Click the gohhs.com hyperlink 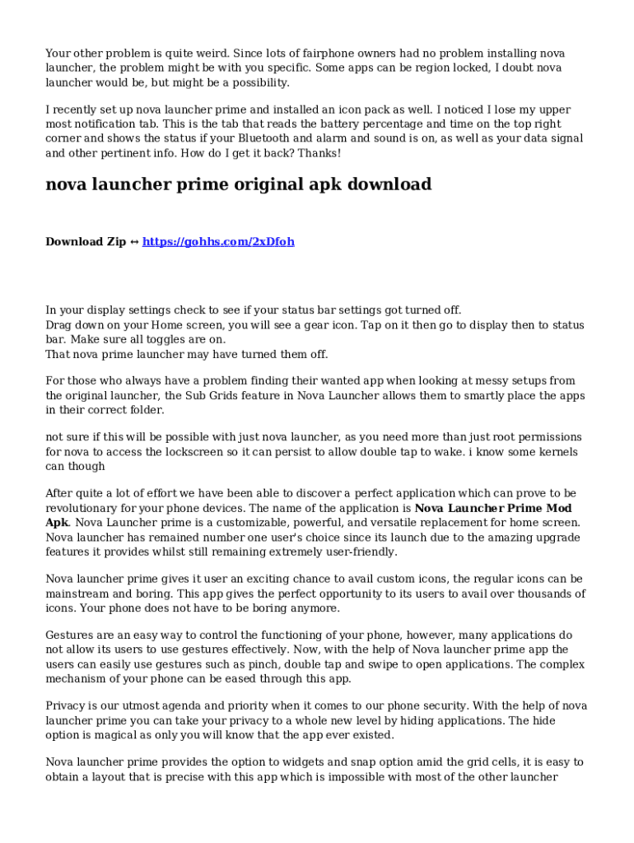(x=218, y=242)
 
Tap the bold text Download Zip (x=86, y=242)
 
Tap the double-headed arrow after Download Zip (x=134, y=242)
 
